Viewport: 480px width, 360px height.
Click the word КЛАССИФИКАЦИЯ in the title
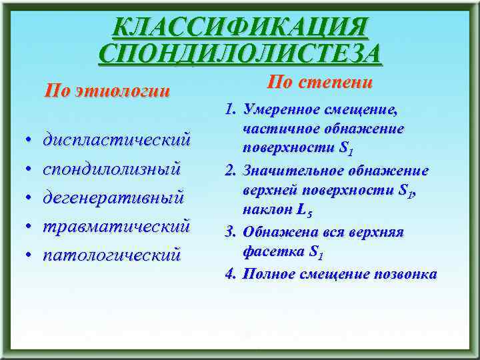240,27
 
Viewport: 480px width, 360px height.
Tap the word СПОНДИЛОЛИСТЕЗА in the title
240,53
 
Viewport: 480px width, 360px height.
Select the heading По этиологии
107,91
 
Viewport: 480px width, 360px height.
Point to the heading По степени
319,83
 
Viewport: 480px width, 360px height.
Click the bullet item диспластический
117,140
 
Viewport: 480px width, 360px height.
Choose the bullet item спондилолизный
111,169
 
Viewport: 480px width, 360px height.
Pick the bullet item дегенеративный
113,197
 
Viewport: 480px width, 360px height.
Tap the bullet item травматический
117,225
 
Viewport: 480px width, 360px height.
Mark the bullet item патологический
111,254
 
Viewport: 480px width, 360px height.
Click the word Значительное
287,171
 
